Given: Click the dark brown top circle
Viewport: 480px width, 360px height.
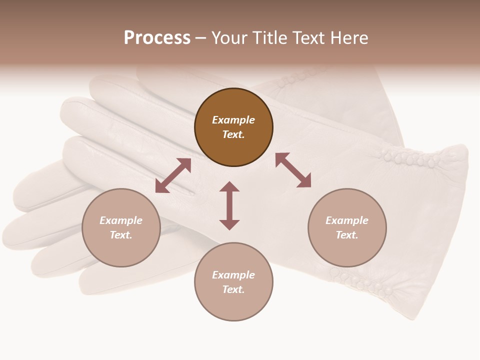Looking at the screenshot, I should [233, 127].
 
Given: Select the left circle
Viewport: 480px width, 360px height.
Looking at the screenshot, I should [121, 227].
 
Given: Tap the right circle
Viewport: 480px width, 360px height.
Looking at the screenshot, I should [347, 227].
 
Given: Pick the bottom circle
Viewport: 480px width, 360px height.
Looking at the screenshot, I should [233, 281].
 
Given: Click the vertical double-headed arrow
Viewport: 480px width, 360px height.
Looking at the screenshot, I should [229, 205].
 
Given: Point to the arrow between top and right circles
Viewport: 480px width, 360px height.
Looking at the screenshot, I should [293, 170].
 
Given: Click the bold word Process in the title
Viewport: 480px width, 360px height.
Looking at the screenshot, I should [157, 37].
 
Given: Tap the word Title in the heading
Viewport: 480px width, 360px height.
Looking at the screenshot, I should [270, 37].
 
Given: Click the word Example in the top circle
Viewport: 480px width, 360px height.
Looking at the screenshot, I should [233, 120].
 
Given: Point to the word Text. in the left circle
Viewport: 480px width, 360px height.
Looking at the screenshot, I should [121, 235].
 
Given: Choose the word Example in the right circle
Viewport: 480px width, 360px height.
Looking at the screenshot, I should [347, 220].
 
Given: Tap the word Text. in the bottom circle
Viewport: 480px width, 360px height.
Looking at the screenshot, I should [233, 289].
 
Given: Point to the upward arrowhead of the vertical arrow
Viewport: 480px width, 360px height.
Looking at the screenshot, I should [229, 186].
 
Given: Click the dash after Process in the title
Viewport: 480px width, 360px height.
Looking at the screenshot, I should [201, 37].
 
